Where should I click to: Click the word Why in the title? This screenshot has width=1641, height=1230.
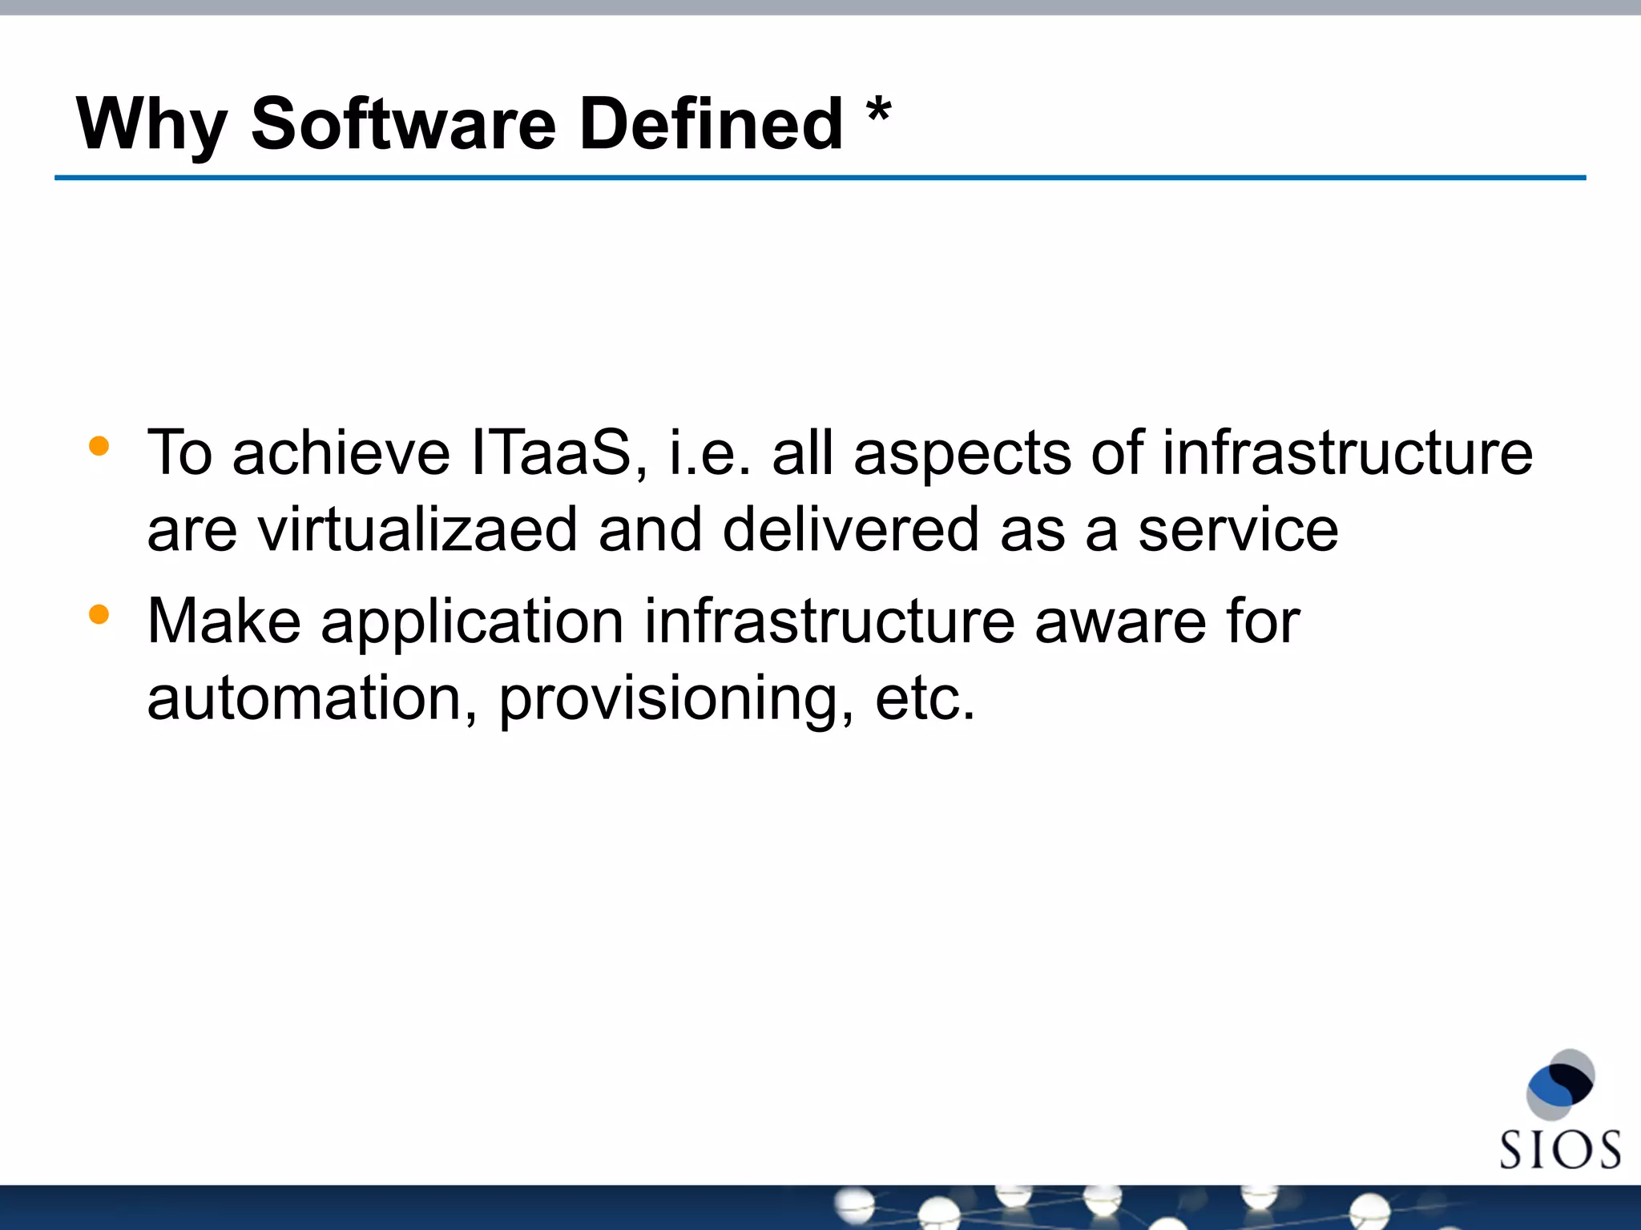click(151, 124)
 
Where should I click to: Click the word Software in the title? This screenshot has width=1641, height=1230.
click(403, 124)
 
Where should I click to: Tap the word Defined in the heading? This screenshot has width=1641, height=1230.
click(711, 124)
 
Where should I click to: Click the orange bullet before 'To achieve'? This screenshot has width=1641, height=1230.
click(99, 446)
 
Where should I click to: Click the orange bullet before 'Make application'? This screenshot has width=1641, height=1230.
click(99, 614)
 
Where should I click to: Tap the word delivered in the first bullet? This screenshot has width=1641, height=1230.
click(850, 530)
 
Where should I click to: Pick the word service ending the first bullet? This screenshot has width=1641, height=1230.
click(1238, 530)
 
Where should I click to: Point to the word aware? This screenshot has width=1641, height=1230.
click(1120, 622)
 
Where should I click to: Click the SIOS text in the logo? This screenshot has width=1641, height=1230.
click(1559, 1151)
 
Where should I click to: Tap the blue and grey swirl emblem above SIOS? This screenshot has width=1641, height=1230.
click(1560, 1085)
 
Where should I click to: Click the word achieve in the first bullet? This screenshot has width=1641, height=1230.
click(341, 453)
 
